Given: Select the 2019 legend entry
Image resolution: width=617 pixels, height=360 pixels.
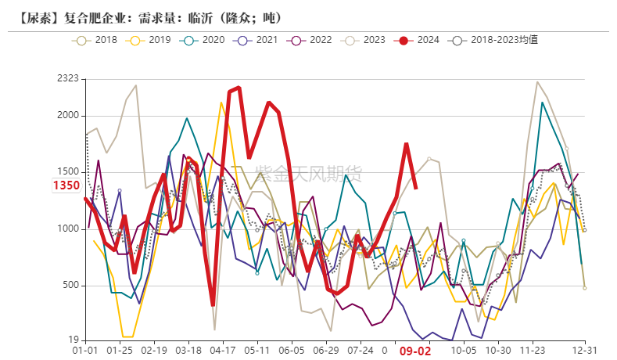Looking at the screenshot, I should click(x=149, y=39).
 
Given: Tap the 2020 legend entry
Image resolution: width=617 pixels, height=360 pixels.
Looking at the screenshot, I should click(x=203, y=39).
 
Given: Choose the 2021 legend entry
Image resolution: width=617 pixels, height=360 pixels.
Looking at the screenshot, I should click(x=256, y=39).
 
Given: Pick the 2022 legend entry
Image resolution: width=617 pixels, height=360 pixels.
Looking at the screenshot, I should click(x=310, y=39).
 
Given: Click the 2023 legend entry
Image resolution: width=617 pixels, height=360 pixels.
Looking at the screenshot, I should click(x=364, y=39).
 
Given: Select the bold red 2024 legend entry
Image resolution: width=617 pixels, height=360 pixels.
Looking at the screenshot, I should click(x=418, y=39).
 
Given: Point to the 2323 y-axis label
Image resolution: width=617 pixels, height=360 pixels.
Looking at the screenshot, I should click(x=69, y=78).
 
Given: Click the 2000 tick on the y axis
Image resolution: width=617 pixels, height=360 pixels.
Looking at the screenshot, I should click(x=69, y=116).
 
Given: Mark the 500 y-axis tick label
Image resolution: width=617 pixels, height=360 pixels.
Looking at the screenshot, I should click(x=71, y=286).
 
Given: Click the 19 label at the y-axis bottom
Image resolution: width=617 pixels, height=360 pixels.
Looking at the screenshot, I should click(x=74, y=340).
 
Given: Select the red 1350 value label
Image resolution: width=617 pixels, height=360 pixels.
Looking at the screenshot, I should click(x=66, y=185).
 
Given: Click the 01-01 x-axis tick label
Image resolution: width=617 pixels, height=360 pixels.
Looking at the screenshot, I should click(x=85, y=351).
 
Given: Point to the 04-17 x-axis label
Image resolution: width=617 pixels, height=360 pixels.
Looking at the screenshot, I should click(x=224, y=351).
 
